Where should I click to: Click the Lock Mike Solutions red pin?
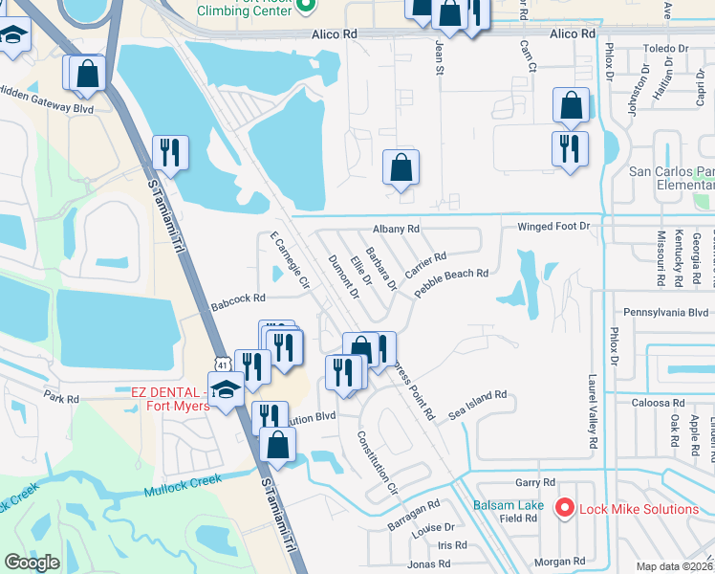coord(565,509)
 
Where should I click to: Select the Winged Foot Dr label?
coord(554,227)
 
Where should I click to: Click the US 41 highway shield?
coord(222,364)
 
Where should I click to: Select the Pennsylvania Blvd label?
coord(666,313)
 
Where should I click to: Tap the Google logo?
coord(32,563)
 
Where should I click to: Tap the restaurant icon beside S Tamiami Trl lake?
coord(170,152)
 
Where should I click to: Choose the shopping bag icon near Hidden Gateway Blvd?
coord(87,73)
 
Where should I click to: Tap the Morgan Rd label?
coord(559,562)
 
